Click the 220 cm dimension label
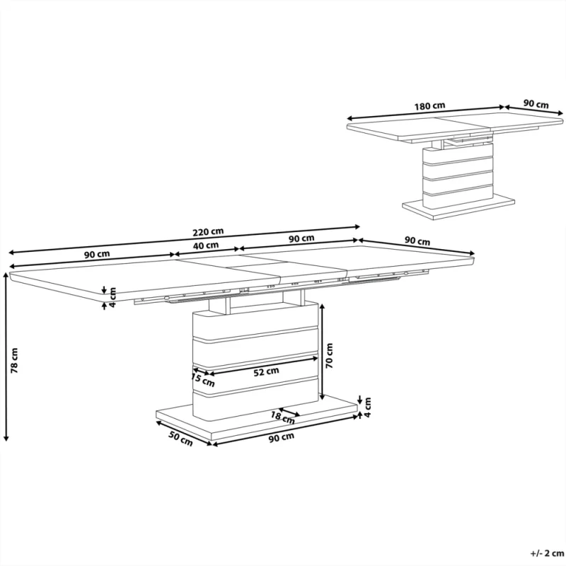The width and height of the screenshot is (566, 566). [208, 232]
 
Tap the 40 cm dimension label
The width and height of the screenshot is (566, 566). [206, 246]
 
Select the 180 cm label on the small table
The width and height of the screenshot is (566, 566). [429, 106]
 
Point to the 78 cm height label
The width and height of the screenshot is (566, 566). [14, 360]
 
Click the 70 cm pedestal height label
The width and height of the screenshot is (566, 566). [329, 356]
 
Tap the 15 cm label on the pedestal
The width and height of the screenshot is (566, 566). [203, 380]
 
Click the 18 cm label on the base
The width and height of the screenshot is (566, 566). [283, 417]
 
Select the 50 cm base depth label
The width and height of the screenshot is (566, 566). [180, 439]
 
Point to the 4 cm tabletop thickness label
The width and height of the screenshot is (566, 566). [112, 297]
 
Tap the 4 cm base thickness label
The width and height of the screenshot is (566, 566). [367, 408]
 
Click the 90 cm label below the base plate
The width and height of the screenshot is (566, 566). [282, 437]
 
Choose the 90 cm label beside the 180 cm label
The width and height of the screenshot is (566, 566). [536, 104]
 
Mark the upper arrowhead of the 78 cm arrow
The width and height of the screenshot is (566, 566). [6, 275]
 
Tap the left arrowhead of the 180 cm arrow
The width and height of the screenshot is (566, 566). [350, 118]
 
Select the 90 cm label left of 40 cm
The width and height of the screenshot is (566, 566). [97, 255]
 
